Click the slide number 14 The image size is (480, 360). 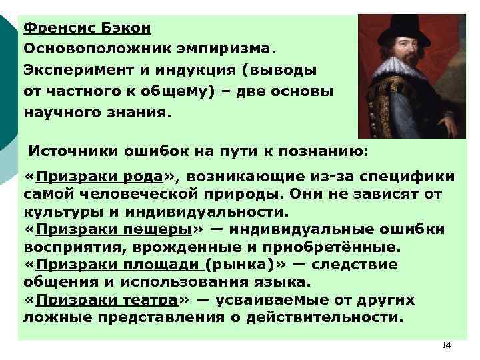click(x=446, y=345)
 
